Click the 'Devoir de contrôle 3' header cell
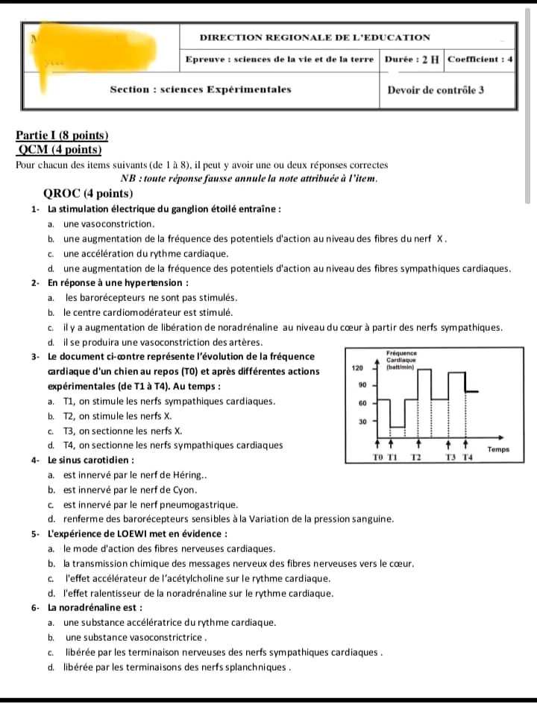[x=436, y=90]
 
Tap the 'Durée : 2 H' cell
[x=412, y=59]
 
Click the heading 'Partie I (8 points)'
[x=62, y=135]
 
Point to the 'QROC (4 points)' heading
[x=88, y=194]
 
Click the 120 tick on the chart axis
[x=357, y=367]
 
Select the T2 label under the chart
[x=417, y=457]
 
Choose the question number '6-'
[x=37, y=607]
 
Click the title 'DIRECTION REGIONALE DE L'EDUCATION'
[x=315, y=37]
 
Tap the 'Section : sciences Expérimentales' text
[x=201, y=89]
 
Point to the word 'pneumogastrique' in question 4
[x=198, y=504]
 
